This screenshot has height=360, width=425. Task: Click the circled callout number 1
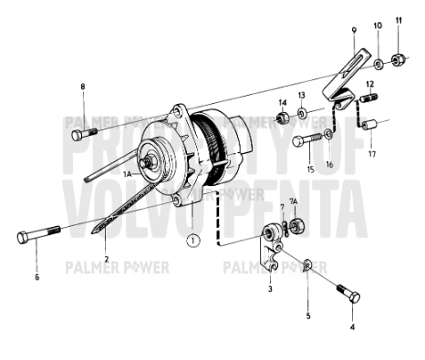point(192,242)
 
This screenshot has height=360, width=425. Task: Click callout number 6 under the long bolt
point(36,276)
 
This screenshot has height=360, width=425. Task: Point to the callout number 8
point(82,87)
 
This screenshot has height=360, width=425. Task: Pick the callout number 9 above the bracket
point(354,30)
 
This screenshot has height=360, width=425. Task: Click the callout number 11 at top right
point(398,20)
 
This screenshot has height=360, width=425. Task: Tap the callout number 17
point(372,155)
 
